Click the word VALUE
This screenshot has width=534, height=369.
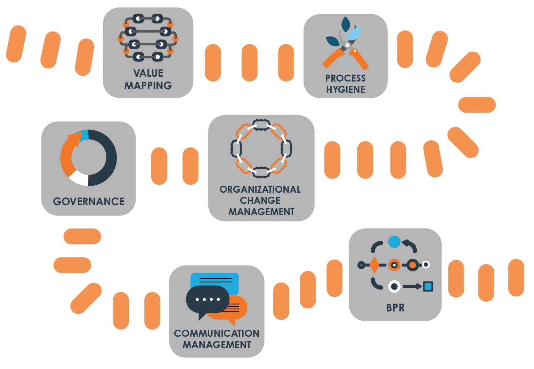[x=148, y=73]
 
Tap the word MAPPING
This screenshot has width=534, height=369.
[x=148, y=85]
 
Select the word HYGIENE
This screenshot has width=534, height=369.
[x=346, y=90]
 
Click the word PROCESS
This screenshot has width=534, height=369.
[x=346, y=78]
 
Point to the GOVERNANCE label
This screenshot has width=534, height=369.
[x=89, y=201]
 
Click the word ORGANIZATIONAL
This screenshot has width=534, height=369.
[x=260, y=189]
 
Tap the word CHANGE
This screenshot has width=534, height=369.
[x=260, y=200]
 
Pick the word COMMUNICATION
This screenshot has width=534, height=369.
[x=217, y=333]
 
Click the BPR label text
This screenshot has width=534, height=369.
[x=396, y=308]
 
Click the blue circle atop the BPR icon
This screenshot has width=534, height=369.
[x=394, y=242]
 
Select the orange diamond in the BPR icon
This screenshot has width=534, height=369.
[x=374, y=265]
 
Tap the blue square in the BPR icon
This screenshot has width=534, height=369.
[x=428, y=286]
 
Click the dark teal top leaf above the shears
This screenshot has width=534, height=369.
[x=346, y=24]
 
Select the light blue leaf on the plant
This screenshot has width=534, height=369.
[x=355, y=34]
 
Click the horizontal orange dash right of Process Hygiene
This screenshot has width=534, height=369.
[x=477, y=105]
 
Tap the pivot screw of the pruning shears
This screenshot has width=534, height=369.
[x=347, y=45]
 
